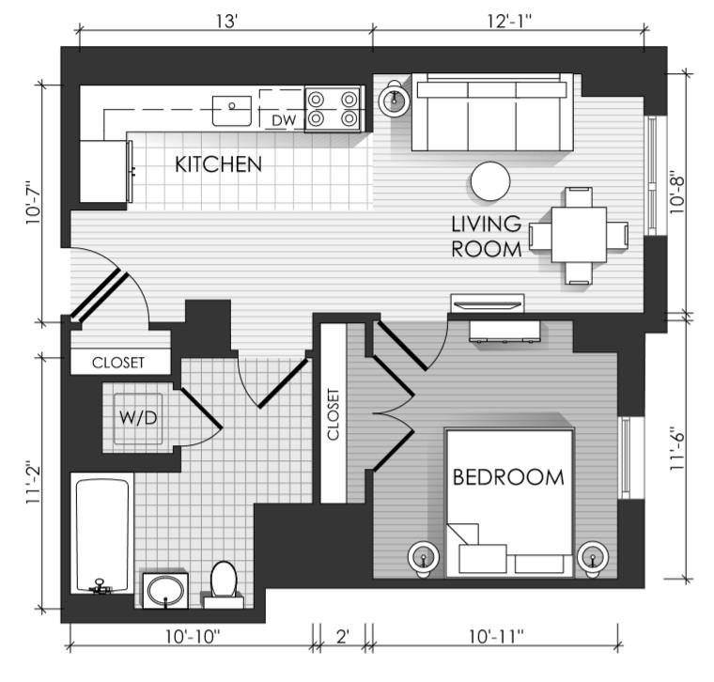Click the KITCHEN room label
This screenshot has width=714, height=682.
[x=219, y=164]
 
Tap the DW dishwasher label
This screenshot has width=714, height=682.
[x=284, y=120]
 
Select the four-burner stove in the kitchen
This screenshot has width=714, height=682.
[x=333, y=109]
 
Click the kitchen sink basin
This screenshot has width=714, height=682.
[x=232, y=111]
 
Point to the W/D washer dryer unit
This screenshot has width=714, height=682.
[x=138, y=418]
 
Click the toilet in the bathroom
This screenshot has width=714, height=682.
[x=224, y=584]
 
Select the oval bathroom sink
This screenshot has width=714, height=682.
[x=165, y=591]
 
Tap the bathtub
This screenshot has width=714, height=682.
[x=102, y=535]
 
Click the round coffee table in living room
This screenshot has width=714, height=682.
[x=490, y=181]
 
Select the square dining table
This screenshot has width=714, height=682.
[x=580, y=235]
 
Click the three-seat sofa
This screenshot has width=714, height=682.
[x=492, y=113]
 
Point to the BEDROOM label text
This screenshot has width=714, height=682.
[x=508, y=477]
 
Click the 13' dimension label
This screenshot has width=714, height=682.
[x=227, y=21]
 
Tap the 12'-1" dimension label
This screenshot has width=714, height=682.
[x=510, y=21]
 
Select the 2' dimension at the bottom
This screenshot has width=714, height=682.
[x=342, y=636]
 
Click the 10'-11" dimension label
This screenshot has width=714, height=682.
[x=496, y=636]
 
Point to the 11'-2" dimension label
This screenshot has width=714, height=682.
[x=33, y=484]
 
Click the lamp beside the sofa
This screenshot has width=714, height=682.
[x=395, y=100]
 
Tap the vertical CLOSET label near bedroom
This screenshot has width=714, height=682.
[x=333, y=414]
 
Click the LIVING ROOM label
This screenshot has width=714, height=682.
[x=487, y=237]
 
